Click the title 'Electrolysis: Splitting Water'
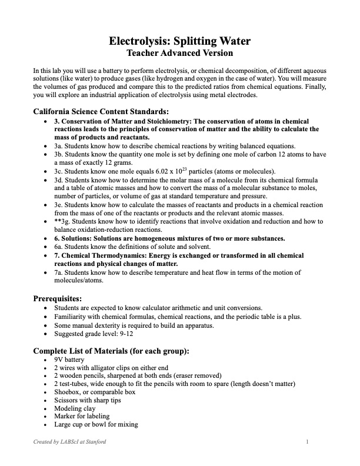[x=180, y=41]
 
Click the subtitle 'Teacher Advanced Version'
[x=180, y=54]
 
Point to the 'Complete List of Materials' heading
[x=111, y=351]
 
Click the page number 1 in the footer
[x=308, y=442]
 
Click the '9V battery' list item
[x=69, y=360]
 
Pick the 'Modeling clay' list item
[x=74, y=408]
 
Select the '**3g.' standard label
[x=62, y=221]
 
